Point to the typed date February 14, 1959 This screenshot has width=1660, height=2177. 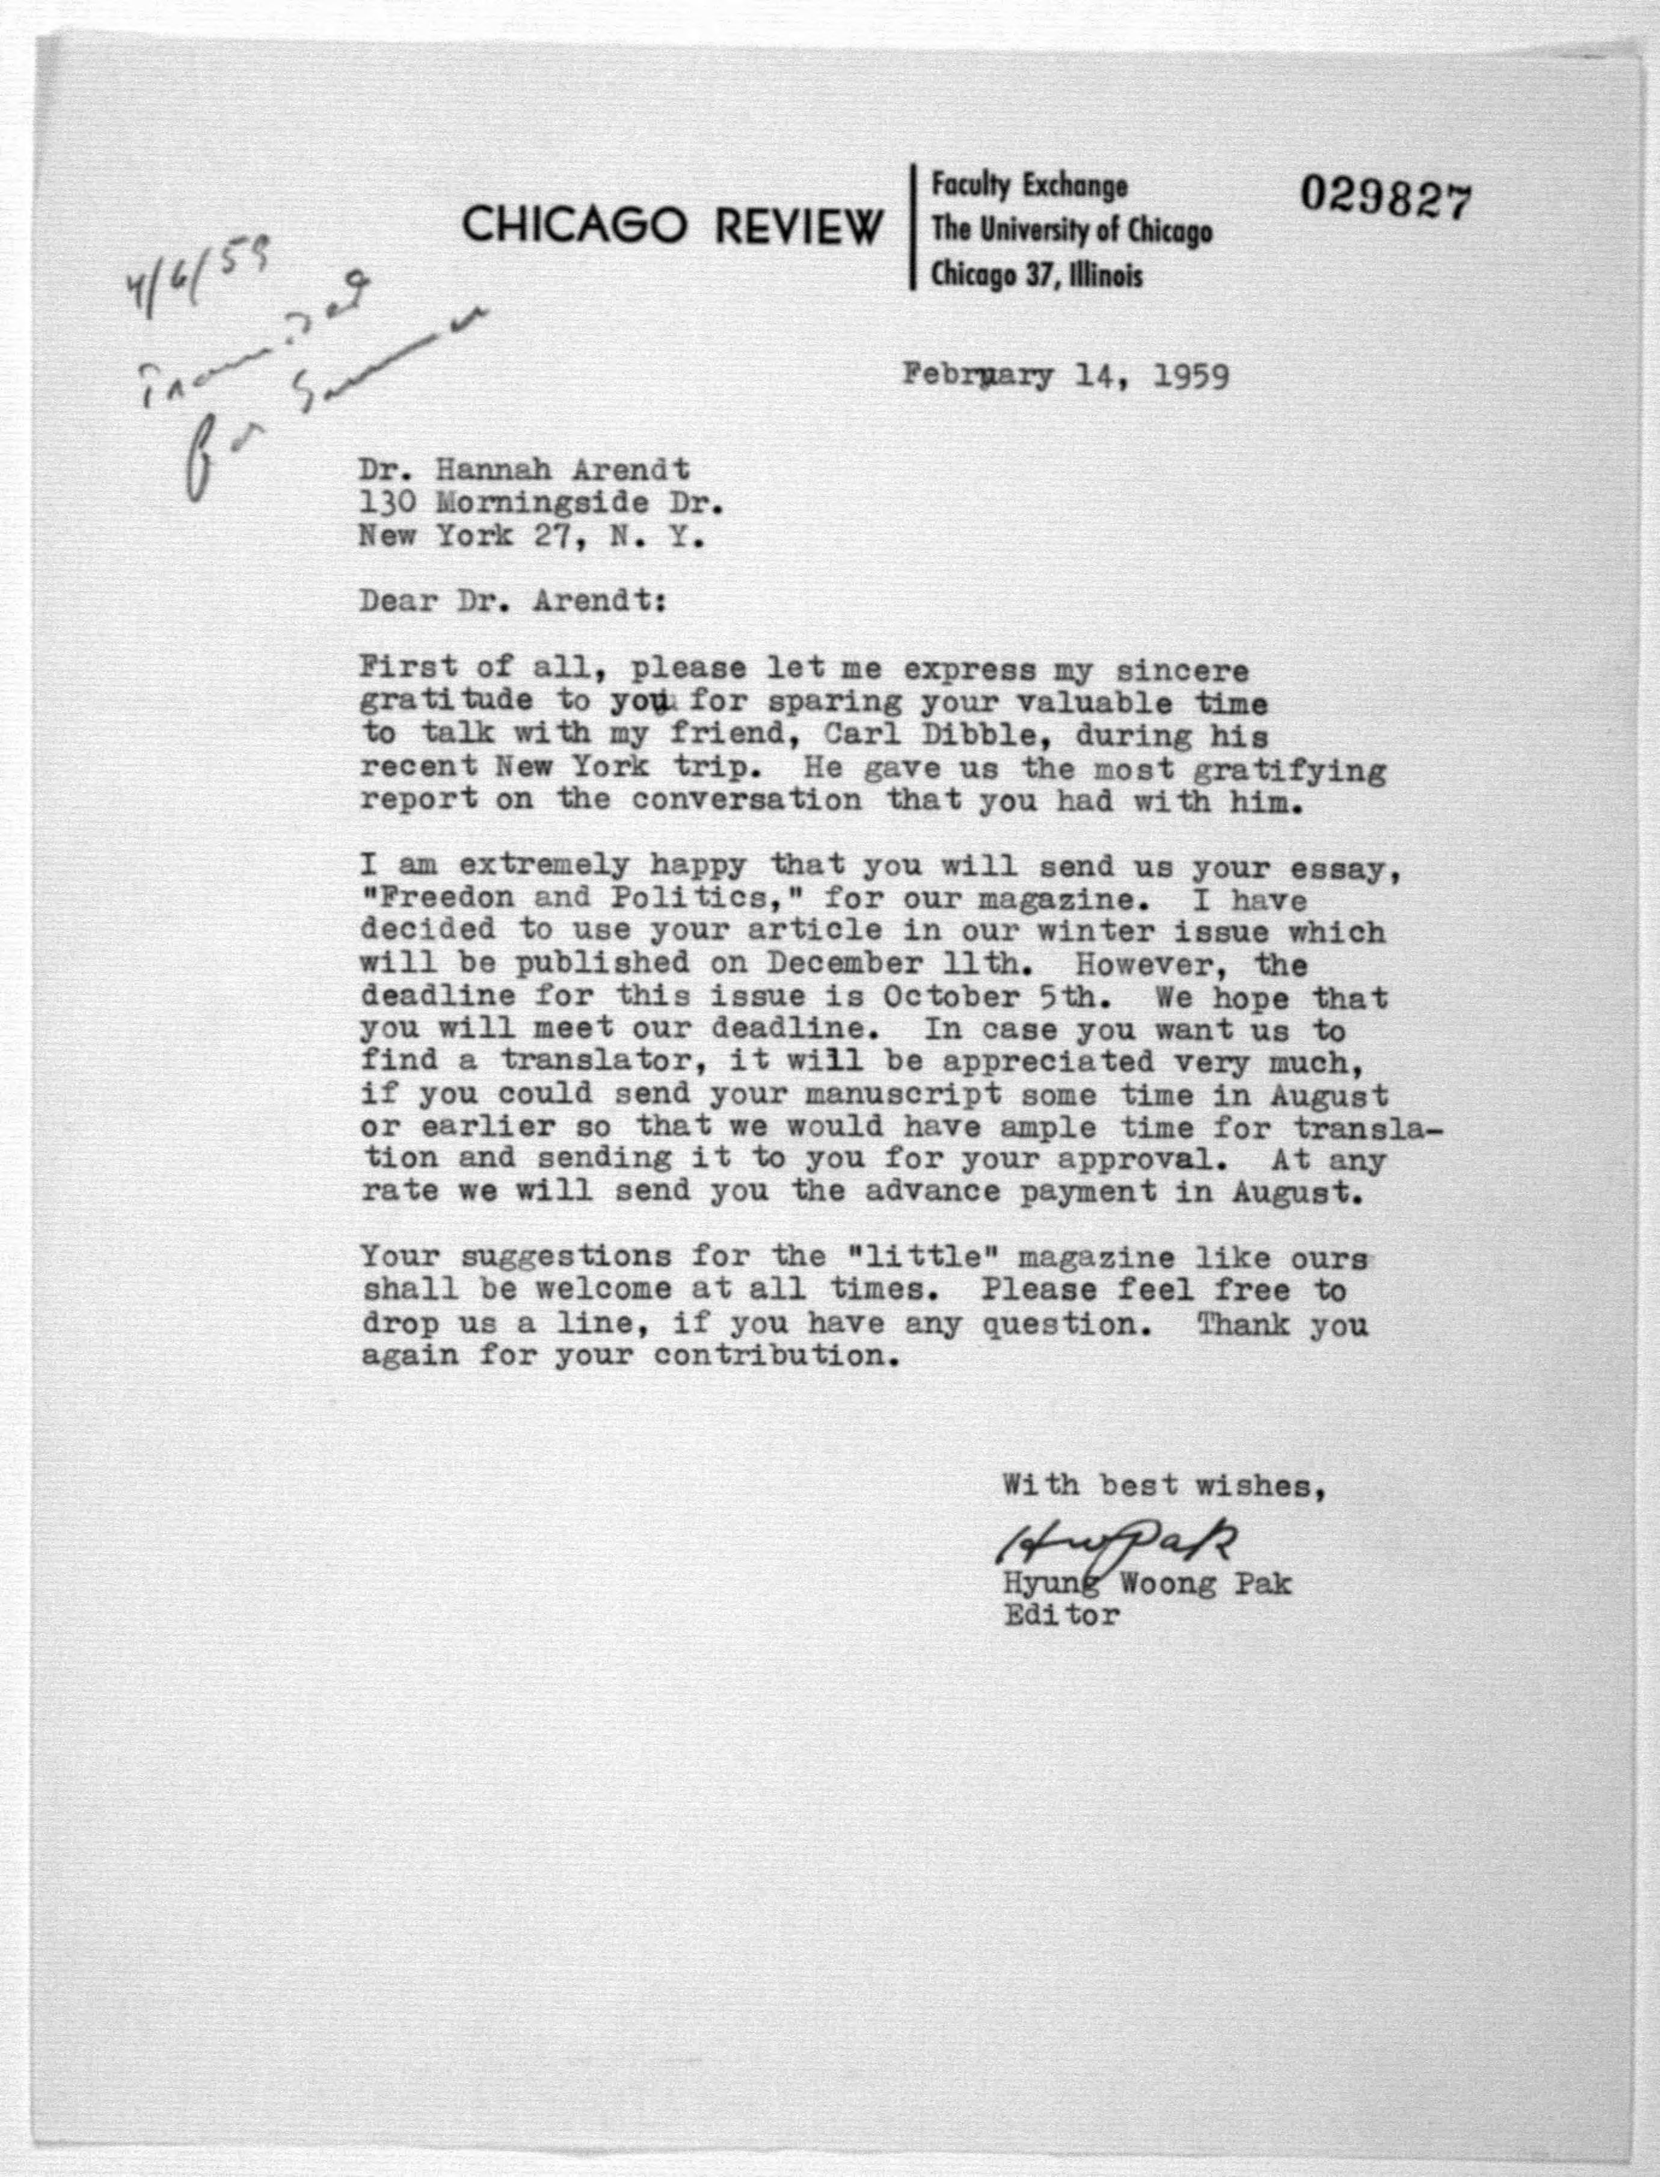(1065, 376)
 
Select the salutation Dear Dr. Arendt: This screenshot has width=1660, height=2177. (511, 601)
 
